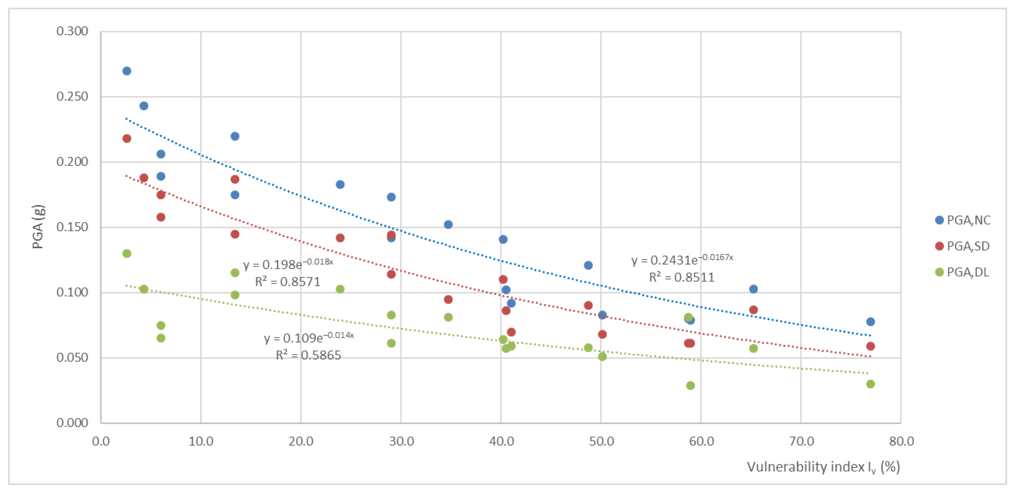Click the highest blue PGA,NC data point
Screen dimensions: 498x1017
[x=127, y=71]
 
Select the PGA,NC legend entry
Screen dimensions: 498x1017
[x=963, y=220]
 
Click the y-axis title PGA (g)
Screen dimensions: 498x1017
[x=38, y=227]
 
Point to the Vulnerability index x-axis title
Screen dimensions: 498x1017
[x=823, y=467]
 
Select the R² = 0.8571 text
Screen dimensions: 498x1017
[x=287, y=282]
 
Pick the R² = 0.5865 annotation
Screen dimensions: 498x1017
[x=308, y=355]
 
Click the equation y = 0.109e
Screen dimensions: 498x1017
[x=309, y=338]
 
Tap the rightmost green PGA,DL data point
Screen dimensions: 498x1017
[x=870, y=384]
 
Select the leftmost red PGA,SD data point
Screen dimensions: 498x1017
[x=127, y=139]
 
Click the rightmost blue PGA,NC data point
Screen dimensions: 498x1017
[x=870, y=322]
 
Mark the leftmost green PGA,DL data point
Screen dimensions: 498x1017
[x=127, y=253]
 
